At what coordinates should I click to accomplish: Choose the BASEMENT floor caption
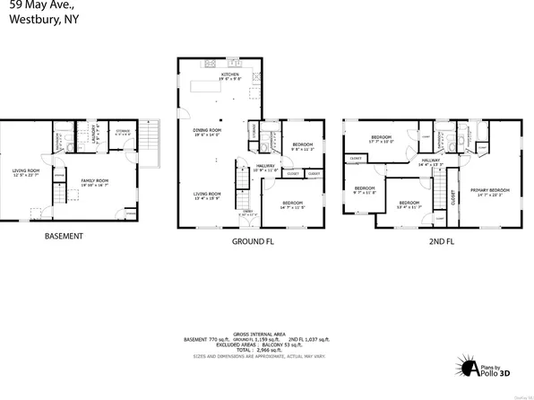(x=64, y=237)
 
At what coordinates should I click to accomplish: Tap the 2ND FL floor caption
(x=440, y=241)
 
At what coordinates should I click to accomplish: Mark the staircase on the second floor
(x=439, y=190)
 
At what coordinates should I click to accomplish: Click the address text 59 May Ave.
(x=35, y=4)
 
